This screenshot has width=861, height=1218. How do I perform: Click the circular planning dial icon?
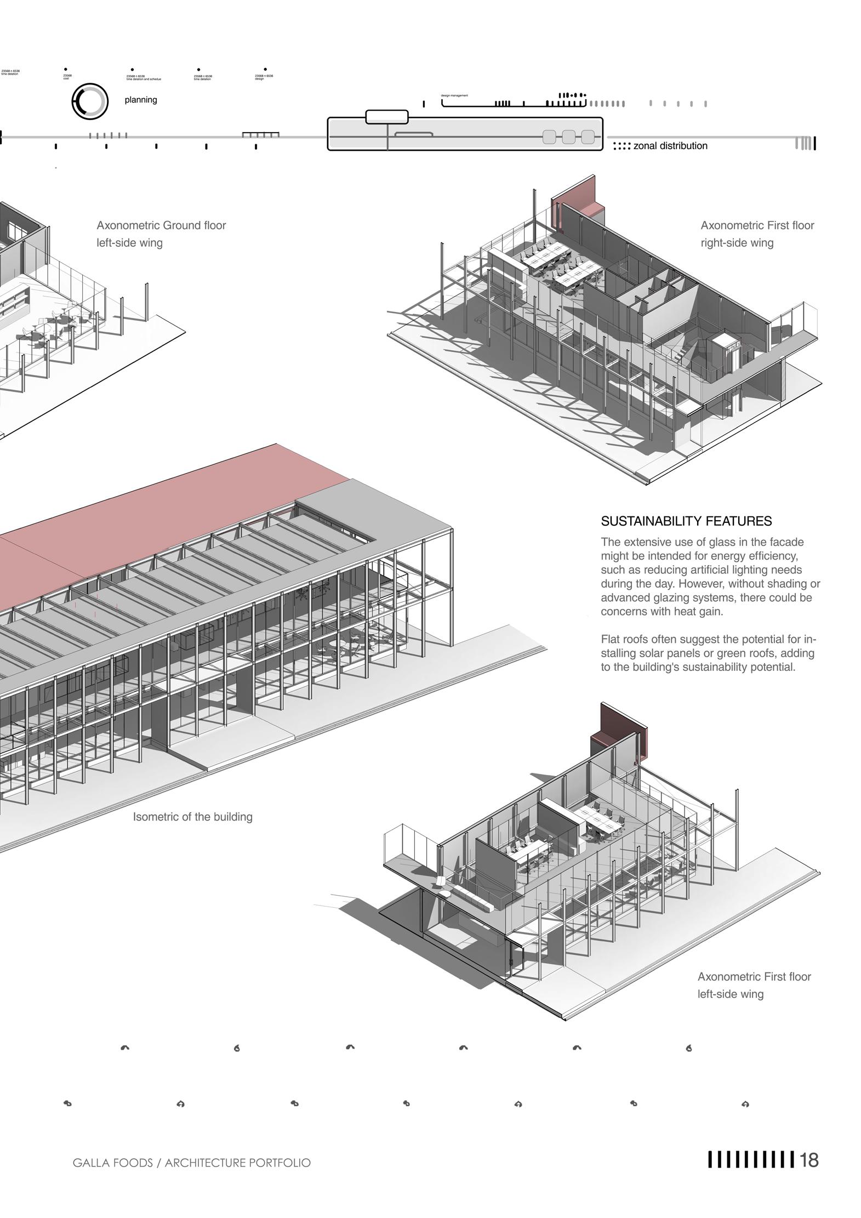click(89, 101)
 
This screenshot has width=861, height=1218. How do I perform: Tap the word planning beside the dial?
click(141, 100)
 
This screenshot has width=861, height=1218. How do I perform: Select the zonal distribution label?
click(670, 146)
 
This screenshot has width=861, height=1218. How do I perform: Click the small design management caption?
click(454, 95)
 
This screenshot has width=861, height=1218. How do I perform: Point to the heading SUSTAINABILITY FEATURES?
click(686, 521)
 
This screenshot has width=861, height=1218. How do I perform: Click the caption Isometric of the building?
click(192, 817)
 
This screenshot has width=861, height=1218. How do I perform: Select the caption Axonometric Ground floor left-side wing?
click(161, 234)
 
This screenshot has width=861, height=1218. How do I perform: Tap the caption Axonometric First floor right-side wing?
click(757, 234)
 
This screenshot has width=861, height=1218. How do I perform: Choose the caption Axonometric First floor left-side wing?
click(754, 985)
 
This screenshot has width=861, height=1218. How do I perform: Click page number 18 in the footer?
click(809, 1160)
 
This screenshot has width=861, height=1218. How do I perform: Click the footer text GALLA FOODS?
click(112, 1163)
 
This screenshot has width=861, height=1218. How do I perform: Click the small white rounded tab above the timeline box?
click(386, 117)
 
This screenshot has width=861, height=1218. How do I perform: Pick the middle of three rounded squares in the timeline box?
click(568, 137)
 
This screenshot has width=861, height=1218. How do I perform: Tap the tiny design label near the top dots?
click(259, 79)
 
